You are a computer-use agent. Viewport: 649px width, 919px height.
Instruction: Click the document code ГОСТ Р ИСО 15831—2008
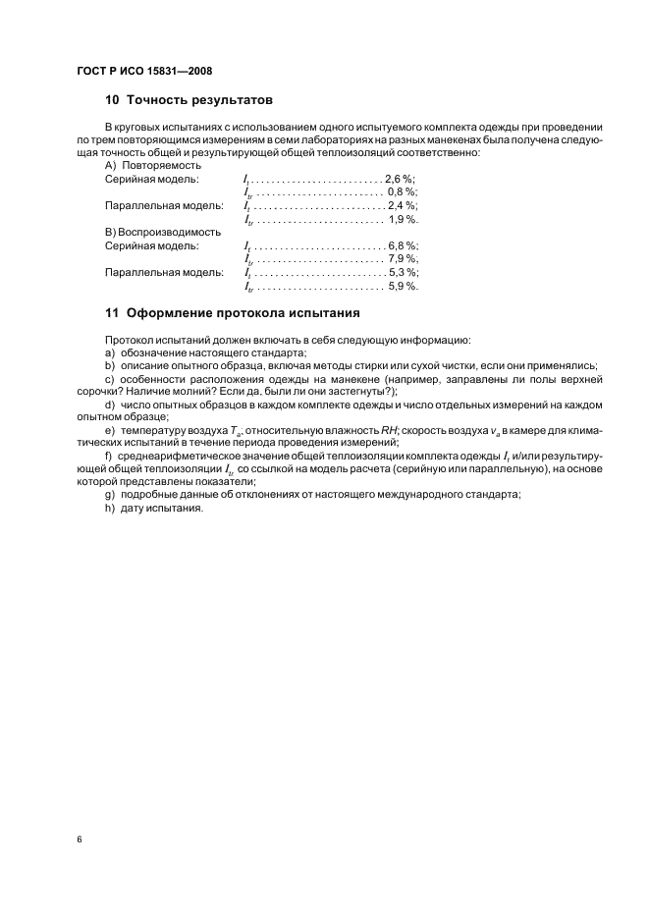143,72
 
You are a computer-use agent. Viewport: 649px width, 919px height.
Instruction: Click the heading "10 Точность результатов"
189,100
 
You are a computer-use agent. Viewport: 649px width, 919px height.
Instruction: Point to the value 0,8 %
403,192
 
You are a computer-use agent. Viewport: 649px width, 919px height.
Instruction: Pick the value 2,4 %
402,206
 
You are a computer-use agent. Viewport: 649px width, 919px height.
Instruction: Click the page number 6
79,839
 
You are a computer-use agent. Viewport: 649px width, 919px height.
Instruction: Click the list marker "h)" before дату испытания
110,509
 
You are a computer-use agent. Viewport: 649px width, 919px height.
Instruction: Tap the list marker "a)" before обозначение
110,351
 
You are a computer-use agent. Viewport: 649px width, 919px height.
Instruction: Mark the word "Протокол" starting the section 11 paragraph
129,338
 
